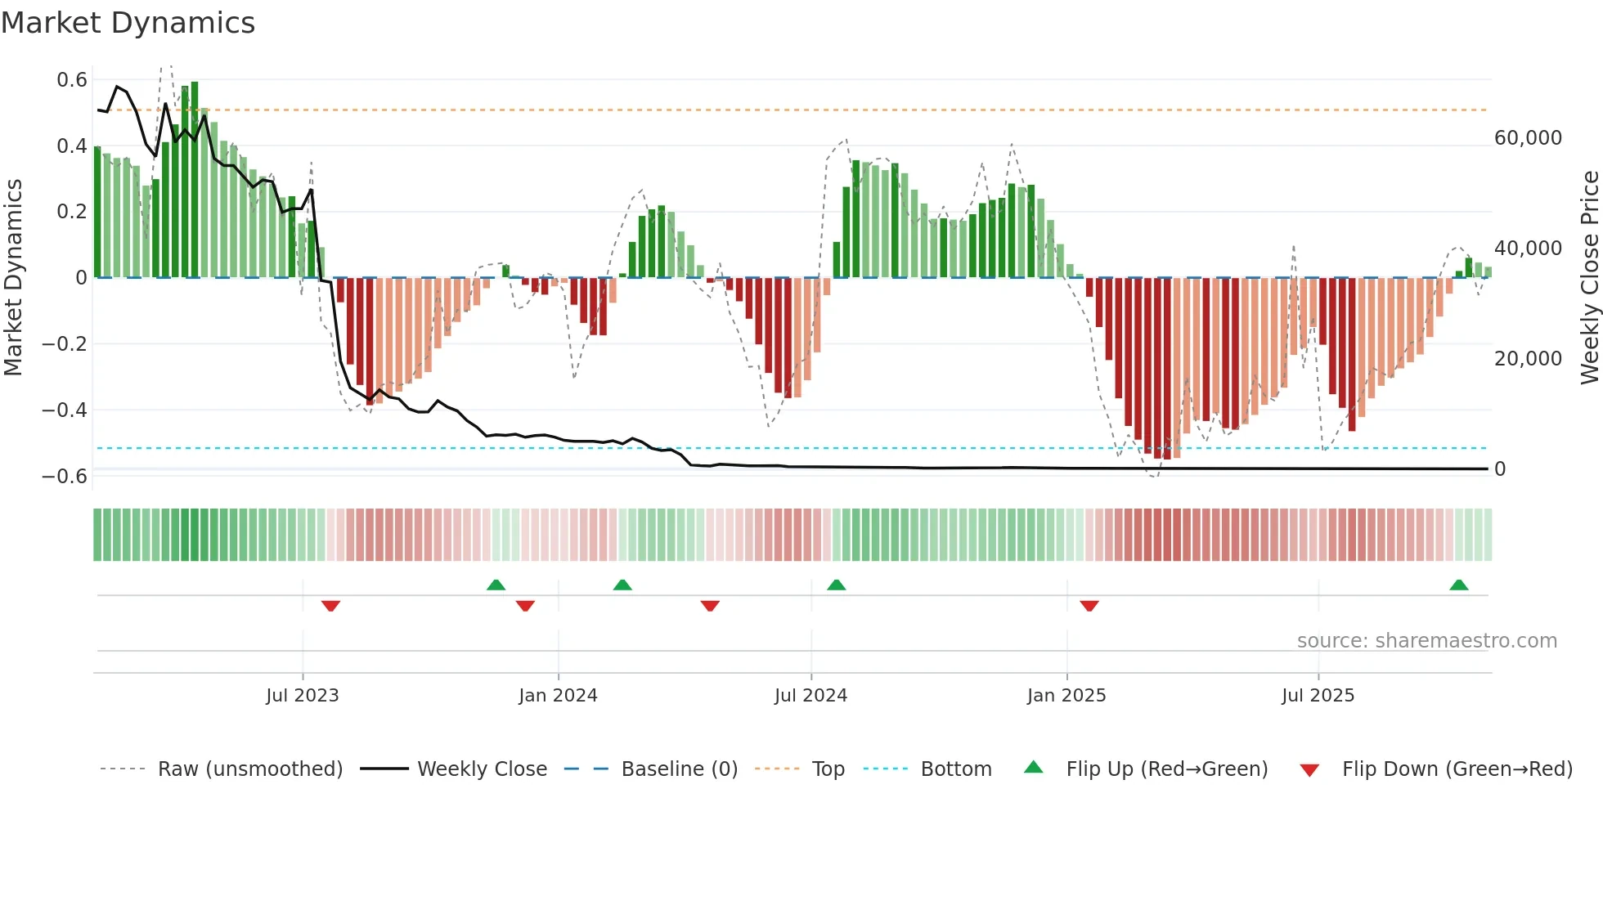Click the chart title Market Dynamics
(128, 23)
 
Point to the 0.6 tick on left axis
(72, 80)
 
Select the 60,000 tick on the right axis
(1528, 138)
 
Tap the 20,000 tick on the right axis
(1528, 359)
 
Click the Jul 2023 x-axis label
(302, 696)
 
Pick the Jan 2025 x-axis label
(1066, 696)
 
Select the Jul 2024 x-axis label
(810, 696)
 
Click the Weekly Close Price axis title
(1589, 277)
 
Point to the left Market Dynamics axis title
(13, 277)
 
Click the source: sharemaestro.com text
(1426, 641)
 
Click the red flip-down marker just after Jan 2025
(1089, 606)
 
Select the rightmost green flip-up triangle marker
(1458, 585)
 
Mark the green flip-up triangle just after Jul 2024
(836, 585)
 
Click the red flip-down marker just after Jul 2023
(330, 606)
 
